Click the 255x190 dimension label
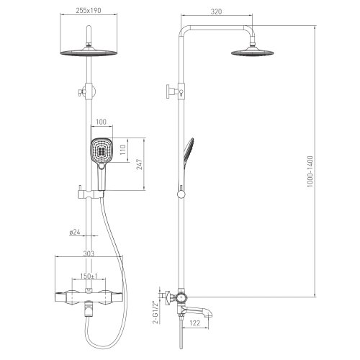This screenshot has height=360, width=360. click(89, 11)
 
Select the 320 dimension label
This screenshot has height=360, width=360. click(216, 12)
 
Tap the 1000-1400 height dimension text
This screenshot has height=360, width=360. click(310, 171)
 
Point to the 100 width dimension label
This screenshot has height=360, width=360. click(101, 122)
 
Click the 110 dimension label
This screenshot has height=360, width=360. click(123, 150)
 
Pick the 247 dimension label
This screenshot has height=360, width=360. click(139, 164)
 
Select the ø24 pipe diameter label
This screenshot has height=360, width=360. click(74, 232)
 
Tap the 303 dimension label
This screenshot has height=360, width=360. click(89, 253)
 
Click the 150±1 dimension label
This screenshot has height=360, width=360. click(89, 276)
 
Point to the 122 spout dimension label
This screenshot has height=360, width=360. click(194, 323)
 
